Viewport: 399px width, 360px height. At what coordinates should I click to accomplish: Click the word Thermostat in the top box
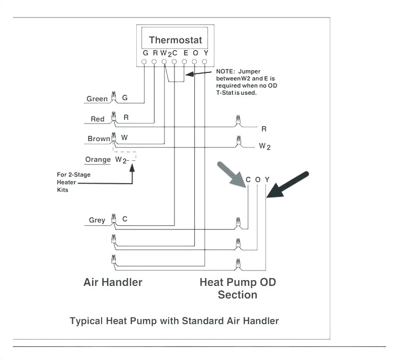point(175,40)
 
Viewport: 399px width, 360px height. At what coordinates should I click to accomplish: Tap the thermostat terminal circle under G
point(145,62)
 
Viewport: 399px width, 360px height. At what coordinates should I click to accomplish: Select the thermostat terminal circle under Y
point(204,62)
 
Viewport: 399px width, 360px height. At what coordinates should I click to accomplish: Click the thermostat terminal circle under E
point(185,62)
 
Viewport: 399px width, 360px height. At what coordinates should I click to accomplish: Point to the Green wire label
point(97,99)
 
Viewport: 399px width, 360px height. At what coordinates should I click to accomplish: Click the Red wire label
point(97,119)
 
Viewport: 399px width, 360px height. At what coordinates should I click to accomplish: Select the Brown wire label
point(98,138)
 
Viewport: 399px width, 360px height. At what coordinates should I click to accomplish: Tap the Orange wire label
point(98,159)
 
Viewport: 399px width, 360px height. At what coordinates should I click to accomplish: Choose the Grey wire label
point(97,220)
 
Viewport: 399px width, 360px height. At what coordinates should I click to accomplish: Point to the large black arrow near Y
point(288,184)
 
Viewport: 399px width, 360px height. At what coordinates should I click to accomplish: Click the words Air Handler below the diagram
point(113,282)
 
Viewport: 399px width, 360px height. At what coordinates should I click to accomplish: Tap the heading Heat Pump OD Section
point(237,288)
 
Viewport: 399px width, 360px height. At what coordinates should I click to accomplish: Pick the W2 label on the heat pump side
point(264,146)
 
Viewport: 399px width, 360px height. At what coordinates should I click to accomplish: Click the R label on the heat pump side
point(263,128)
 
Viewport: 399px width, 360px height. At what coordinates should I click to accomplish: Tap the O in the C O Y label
point(257,179)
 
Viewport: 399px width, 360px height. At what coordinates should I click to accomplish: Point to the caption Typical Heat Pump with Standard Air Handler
point(174,321)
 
